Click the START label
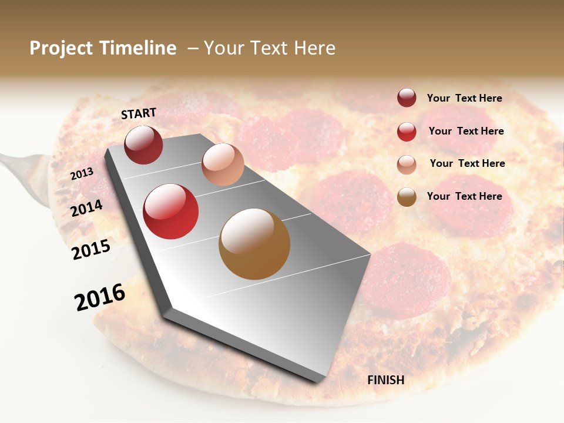pyautogui.click(x=139, y=113)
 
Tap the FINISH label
pyautogui.click(x=385, y=380)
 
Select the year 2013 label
pyautogui.click(x=82, y=173)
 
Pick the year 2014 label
pyautogui.click(x=87, y=208)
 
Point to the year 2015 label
pyautogui.click(x=91, y=250)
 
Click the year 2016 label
pyautogui.click(x=100, y=297)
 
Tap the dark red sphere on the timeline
pyautogui.click(x=143, y=145)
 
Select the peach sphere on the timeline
pyautogui.click(x=223, y=164)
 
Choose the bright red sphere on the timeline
pyautogui.click(x=171, y=211)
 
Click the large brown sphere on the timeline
pyautogui.click(x=254, y=244)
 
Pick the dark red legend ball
pyautogui.click(x=407, y=98)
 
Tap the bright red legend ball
pyautogui.click(x=407, y=132)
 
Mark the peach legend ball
pyautogui.click(x=407, y=164)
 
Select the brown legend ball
pyautogui.click(x=407, y=197)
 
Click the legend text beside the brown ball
pyautogui.click(x=464, y=196)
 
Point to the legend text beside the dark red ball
pyautogui.click(x=464, y=98)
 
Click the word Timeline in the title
pyautogui.click(x=138, y=48)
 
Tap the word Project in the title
pyautogui.click(x=62, y=48)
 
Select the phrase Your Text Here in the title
pyautogui.click(x=270, y=48)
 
